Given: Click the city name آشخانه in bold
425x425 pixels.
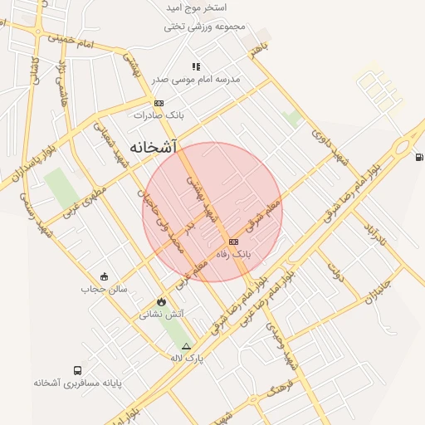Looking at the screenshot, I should pyautogui.click(x=154, y=147).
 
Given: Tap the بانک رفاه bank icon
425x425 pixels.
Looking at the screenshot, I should pyautogui.click(x=232, y=241).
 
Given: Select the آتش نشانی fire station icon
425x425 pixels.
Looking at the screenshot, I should pyautogui.click(x=160, y=302).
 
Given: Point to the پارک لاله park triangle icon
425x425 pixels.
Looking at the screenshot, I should pyautogui.click(x=186, y=346).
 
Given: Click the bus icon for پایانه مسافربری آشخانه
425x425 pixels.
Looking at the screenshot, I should pyautogui.click(x=77, y=371).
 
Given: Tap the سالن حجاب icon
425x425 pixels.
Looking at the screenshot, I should pyautogui.click(x=104, y=276).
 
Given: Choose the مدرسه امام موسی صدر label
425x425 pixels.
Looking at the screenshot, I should pyautogui.click(x=204, y=80).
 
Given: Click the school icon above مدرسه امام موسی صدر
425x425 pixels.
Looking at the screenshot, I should pyautogui.click(x=196, y=66).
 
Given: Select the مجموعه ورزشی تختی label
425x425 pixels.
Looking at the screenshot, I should pyautogui.click(x=206, y=26).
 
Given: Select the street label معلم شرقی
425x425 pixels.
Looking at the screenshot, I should pyautogui.click(x=265, y=215).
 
